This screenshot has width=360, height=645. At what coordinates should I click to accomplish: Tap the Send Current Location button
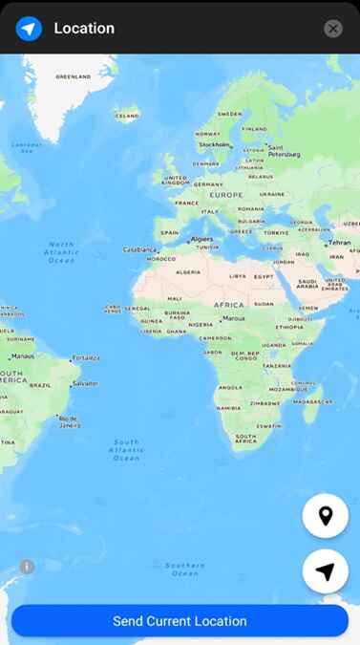click(x=180, y=621)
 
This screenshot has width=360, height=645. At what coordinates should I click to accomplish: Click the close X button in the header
click(x=332, y=29)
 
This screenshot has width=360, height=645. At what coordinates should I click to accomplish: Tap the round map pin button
click(x=325, y=516)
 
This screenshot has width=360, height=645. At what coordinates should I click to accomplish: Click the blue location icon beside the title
click(x=29, y=29)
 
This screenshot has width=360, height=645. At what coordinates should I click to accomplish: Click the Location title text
click(x=84, y=29)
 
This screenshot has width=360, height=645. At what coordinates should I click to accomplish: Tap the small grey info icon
click(x=27, y=567)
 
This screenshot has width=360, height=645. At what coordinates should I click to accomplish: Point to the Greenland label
click(x=74, y=76)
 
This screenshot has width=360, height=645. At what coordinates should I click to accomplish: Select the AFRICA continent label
click(x=229, y=305)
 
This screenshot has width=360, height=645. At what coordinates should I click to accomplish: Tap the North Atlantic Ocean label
click(x=61, y=252)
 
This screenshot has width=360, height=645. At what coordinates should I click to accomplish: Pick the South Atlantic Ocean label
click(x=126, y=450)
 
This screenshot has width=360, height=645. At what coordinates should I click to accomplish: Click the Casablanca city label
click(x=139, y=249)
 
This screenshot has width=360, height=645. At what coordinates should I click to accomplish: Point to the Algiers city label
click(x=201, y=239)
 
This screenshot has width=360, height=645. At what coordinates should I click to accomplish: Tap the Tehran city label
click(x=340, y=243)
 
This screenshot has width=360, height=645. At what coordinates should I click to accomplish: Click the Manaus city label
click(x=23, y=355)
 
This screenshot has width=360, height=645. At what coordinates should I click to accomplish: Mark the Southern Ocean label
click(x=184, y=569)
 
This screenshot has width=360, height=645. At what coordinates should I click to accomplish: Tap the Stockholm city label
click(x=214, y=145)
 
